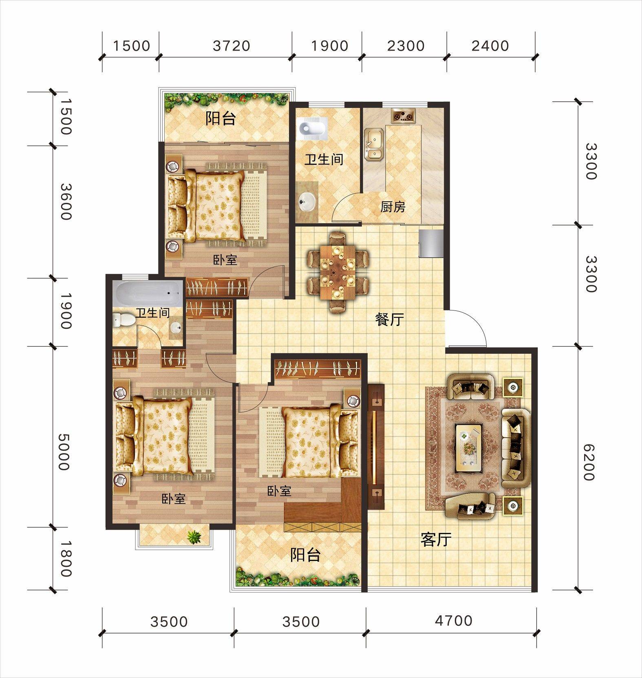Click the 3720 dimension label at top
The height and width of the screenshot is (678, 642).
[x=232, y=46]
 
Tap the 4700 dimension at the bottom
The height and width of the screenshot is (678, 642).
[x=454, y=621]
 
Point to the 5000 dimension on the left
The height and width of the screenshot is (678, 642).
[x=64, y=452]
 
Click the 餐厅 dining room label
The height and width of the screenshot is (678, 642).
[x=390, y=319]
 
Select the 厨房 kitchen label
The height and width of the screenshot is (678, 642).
[x=393, y=207]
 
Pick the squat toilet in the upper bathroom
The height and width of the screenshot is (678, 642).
[x=313, y=128]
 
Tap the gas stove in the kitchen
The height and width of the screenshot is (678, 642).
[x=403, y=115]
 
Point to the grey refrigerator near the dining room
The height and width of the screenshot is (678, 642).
[x=431, y=243]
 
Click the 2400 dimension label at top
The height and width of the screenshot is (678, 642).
[x=490, y=46]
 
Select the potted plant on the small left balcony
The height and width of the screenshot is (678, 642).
[x=194, y=537]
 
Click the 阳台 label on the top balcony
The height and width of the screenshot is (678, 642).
[x=221, y=119]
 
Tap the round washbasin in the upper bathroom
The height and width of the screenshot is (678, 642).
[x=306, y=200]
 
